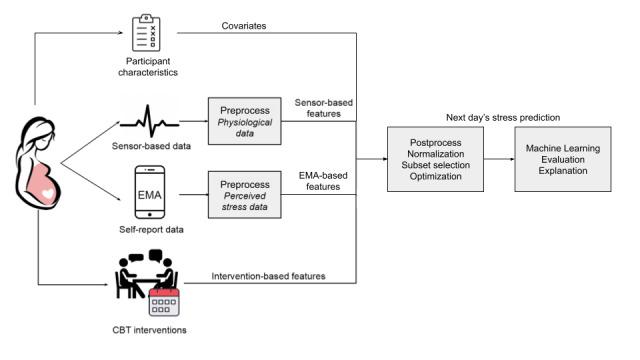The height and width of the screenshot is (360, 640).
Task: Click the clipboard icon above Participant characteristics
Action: coord(146,31)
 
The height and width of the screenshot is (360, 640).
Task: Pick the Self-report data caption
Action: coord(147,230)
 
